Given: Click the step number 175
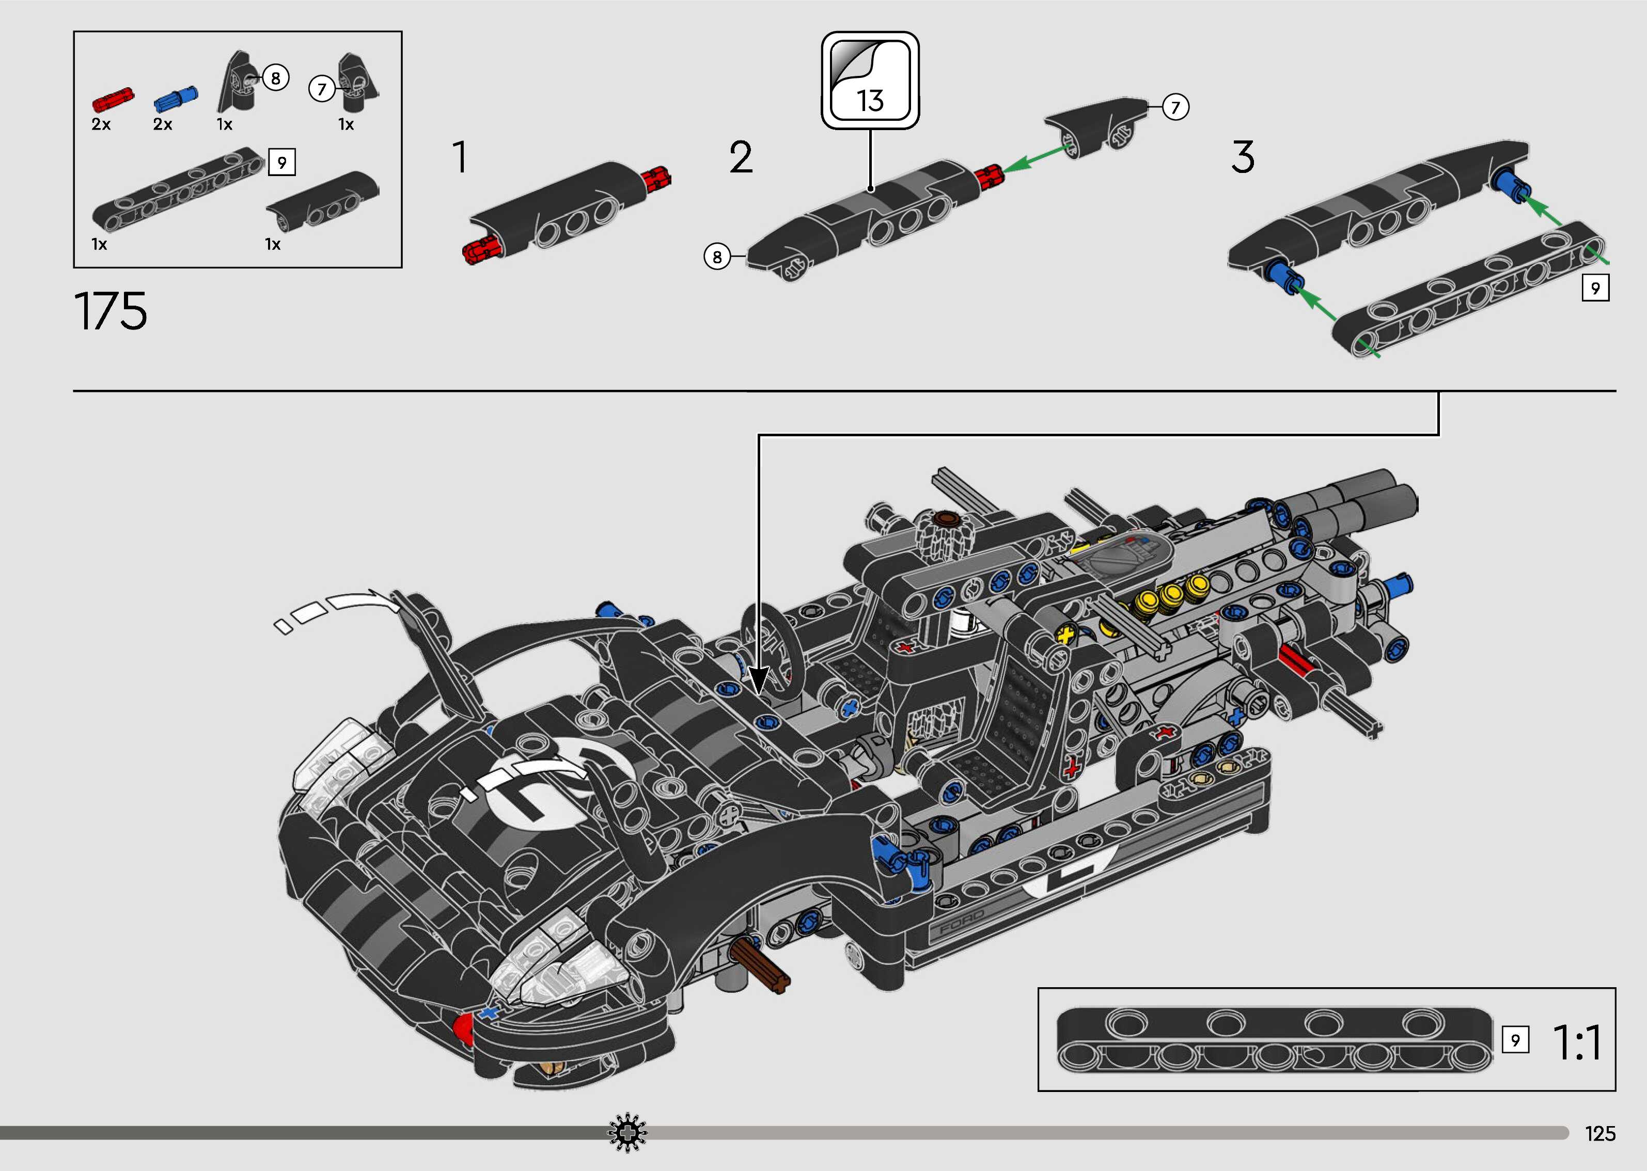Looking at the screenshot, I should tap(111, 311).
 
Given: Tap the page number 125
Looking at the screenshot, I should tap(1599, 1133).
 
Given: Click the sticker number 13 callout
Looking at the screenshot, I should tap(870, 80).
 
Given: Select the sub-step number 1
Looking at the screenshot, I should tap(459, 157).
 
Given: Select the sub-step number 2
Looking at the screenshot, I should tap(741, 157).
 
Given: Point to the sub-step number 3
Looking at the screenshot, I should tap(1243, 157).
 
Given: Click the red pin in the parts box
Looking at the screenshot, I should tap(113, 99).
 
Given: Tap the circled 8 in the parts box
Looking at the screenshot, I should tap(275, 77).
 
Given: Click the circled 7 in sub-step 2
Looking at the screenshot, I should tap(1175, 107).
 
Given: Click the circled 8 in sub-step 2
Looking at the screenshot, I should tap(717, 257).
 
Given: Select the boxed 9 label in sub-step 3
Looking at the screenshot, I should tap(1595, 289).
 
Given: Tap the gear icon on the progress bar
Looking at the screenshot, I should tap(628, 1133).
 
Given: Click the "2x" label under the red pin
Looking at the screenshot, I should tap(101, 124).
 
